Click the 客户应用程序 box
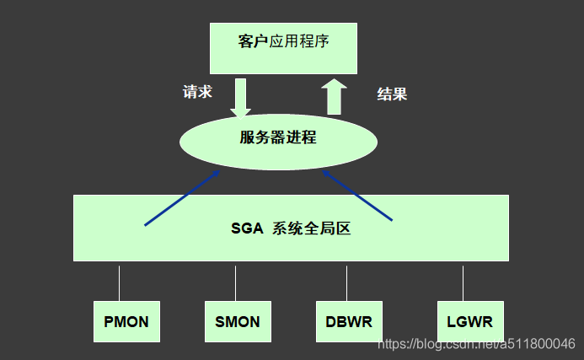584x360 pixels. [x=283, y=47]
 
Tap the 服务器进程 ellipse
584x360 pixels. [x=278, y=138]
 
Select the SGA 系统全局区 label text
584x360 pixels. [x=290, y=228]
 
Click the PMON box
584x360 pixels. [x=126, y=321]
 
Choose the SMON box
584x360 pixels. [x=238, y=321]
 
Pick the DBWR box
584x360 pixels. [x=349, y=321]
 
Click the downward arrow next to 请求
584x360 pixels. [x=241, y=97]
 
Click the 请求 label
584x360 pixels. [x=197, y=92]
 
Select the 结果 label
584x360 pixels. [x=391, y=94]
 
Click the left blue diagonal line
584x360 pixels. [x=181, y=198]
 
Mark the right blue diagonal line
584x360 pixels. [x=358, y=196]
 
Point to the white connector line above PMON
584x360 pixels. [x=119, y=283]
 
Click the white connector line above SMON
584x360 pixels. [x=235, y=283]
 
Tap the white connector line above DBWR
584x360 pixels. [x=346, y=283]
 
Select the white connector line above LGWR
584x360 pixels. [x=463, y=283]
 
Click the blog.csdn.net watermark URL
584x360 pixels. [x=476, y=344]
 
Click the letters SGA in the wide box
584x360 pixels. [x=247, y=228]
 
